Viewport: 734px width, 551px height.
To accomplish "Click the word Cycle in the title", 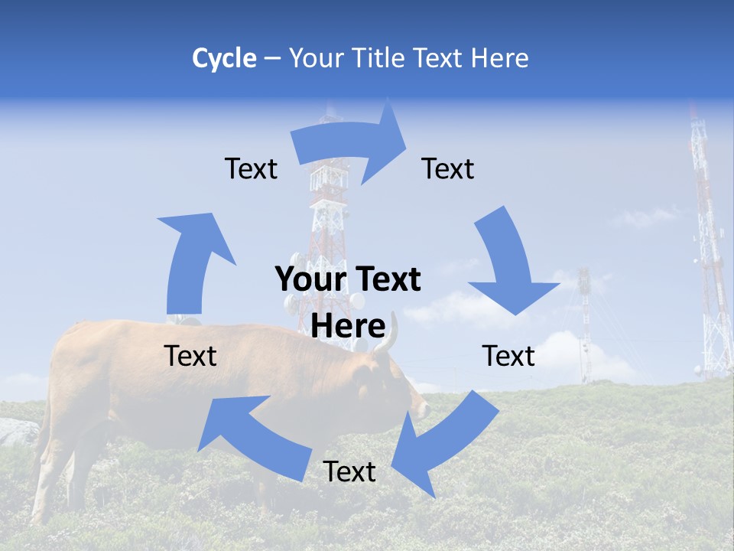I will [224, 58].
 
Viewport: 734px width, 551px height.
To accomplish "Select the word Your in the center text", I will [310, 280].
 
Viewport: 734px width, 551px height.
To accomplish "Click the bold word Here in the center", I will [348, 326].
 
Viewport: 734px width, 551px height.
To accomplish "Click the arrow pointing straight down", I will [508, 260].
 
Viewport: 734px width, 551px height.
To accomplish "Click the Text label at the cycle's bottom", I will [349, 471].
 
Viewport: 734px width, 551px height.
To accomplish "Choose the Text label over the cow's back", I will [190, 356].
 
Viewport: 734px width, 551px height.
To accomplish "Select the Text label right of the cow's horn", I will [508, 356].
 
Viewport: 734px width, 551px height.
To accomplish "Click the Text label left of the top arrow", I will [251, 168].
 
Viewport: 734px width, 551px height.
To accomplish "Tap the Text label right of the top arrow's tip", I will [448, 168].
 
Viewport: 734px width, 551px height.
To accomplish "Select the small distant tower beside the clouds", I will [585, 321].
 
